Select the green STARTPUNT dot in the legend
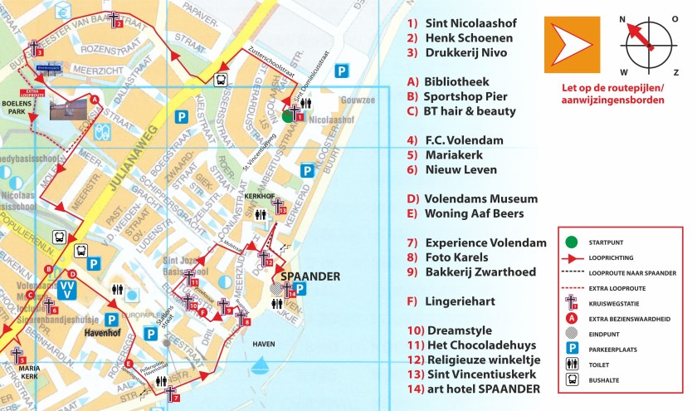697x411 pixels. click(570, 242)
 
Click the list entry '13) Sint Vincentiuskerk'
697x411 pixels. click(481, 374)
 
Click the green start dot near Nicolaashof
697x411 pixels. click(287, 117)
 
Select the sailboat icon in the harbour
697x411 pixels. click(262, 363)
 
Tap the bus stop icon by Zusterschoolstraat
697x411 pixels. click(222, 81)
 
